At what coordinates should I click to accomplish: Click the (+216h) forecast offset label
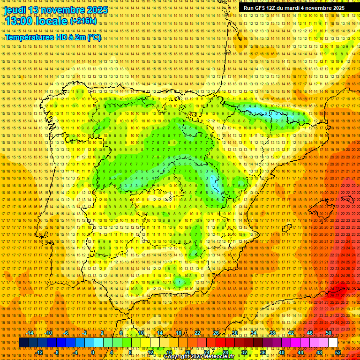(x=83, y=21)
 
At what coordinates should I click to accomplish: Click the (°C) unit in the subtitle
(x=94, y=37)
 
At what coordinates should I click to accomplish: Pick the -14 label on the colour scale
(x=30, y=333)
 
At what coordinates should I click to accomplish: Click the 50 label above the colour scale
(x=329, y=333)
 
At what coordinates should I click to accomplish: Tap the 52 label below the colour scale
(x=338, y=352)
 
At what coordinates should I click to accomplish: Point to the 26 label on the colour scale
(x=216, y=333)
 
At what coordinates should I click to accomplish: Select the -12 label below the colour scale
(x=39, y=352)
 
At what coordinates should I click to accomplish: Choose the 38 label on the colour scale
(x=272, y=333)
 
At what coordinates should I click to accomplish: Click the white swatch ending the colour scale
(x=333, y=343)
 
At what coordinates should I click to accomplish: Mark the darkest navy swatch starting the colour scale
(x=23, y=343)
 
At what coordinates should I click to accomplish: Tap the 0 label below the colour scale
(x=93, y=352)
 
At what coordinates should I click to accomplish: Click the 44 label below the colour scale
(x=300, y=352)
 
